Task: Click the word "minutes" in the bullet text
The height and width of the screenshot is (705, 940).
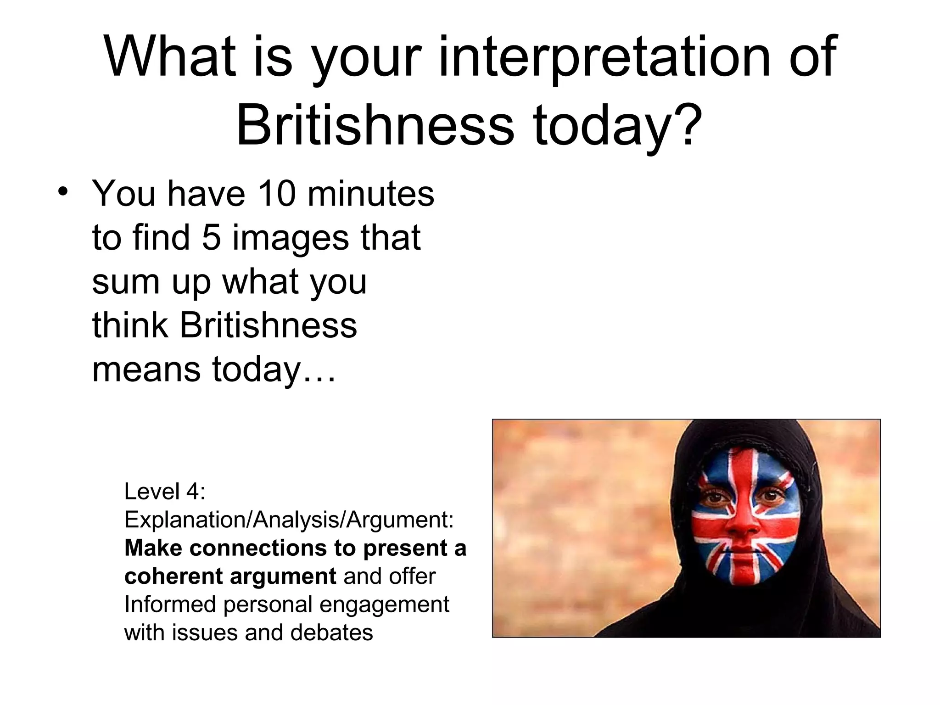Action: [370, 193]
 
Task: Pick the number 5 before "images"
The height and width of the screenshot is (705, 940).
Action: [211, 237]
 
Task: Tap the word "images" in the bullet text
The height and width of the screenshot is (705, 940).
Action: [291, 237]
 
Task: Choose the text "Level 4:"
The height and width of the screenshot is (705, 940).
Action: [165, 492]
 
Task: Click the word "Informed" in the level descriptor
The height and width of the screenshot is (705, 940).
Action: [169, 604]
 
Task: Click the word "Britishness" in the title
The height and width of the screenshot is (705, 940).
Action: [375, 125]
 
